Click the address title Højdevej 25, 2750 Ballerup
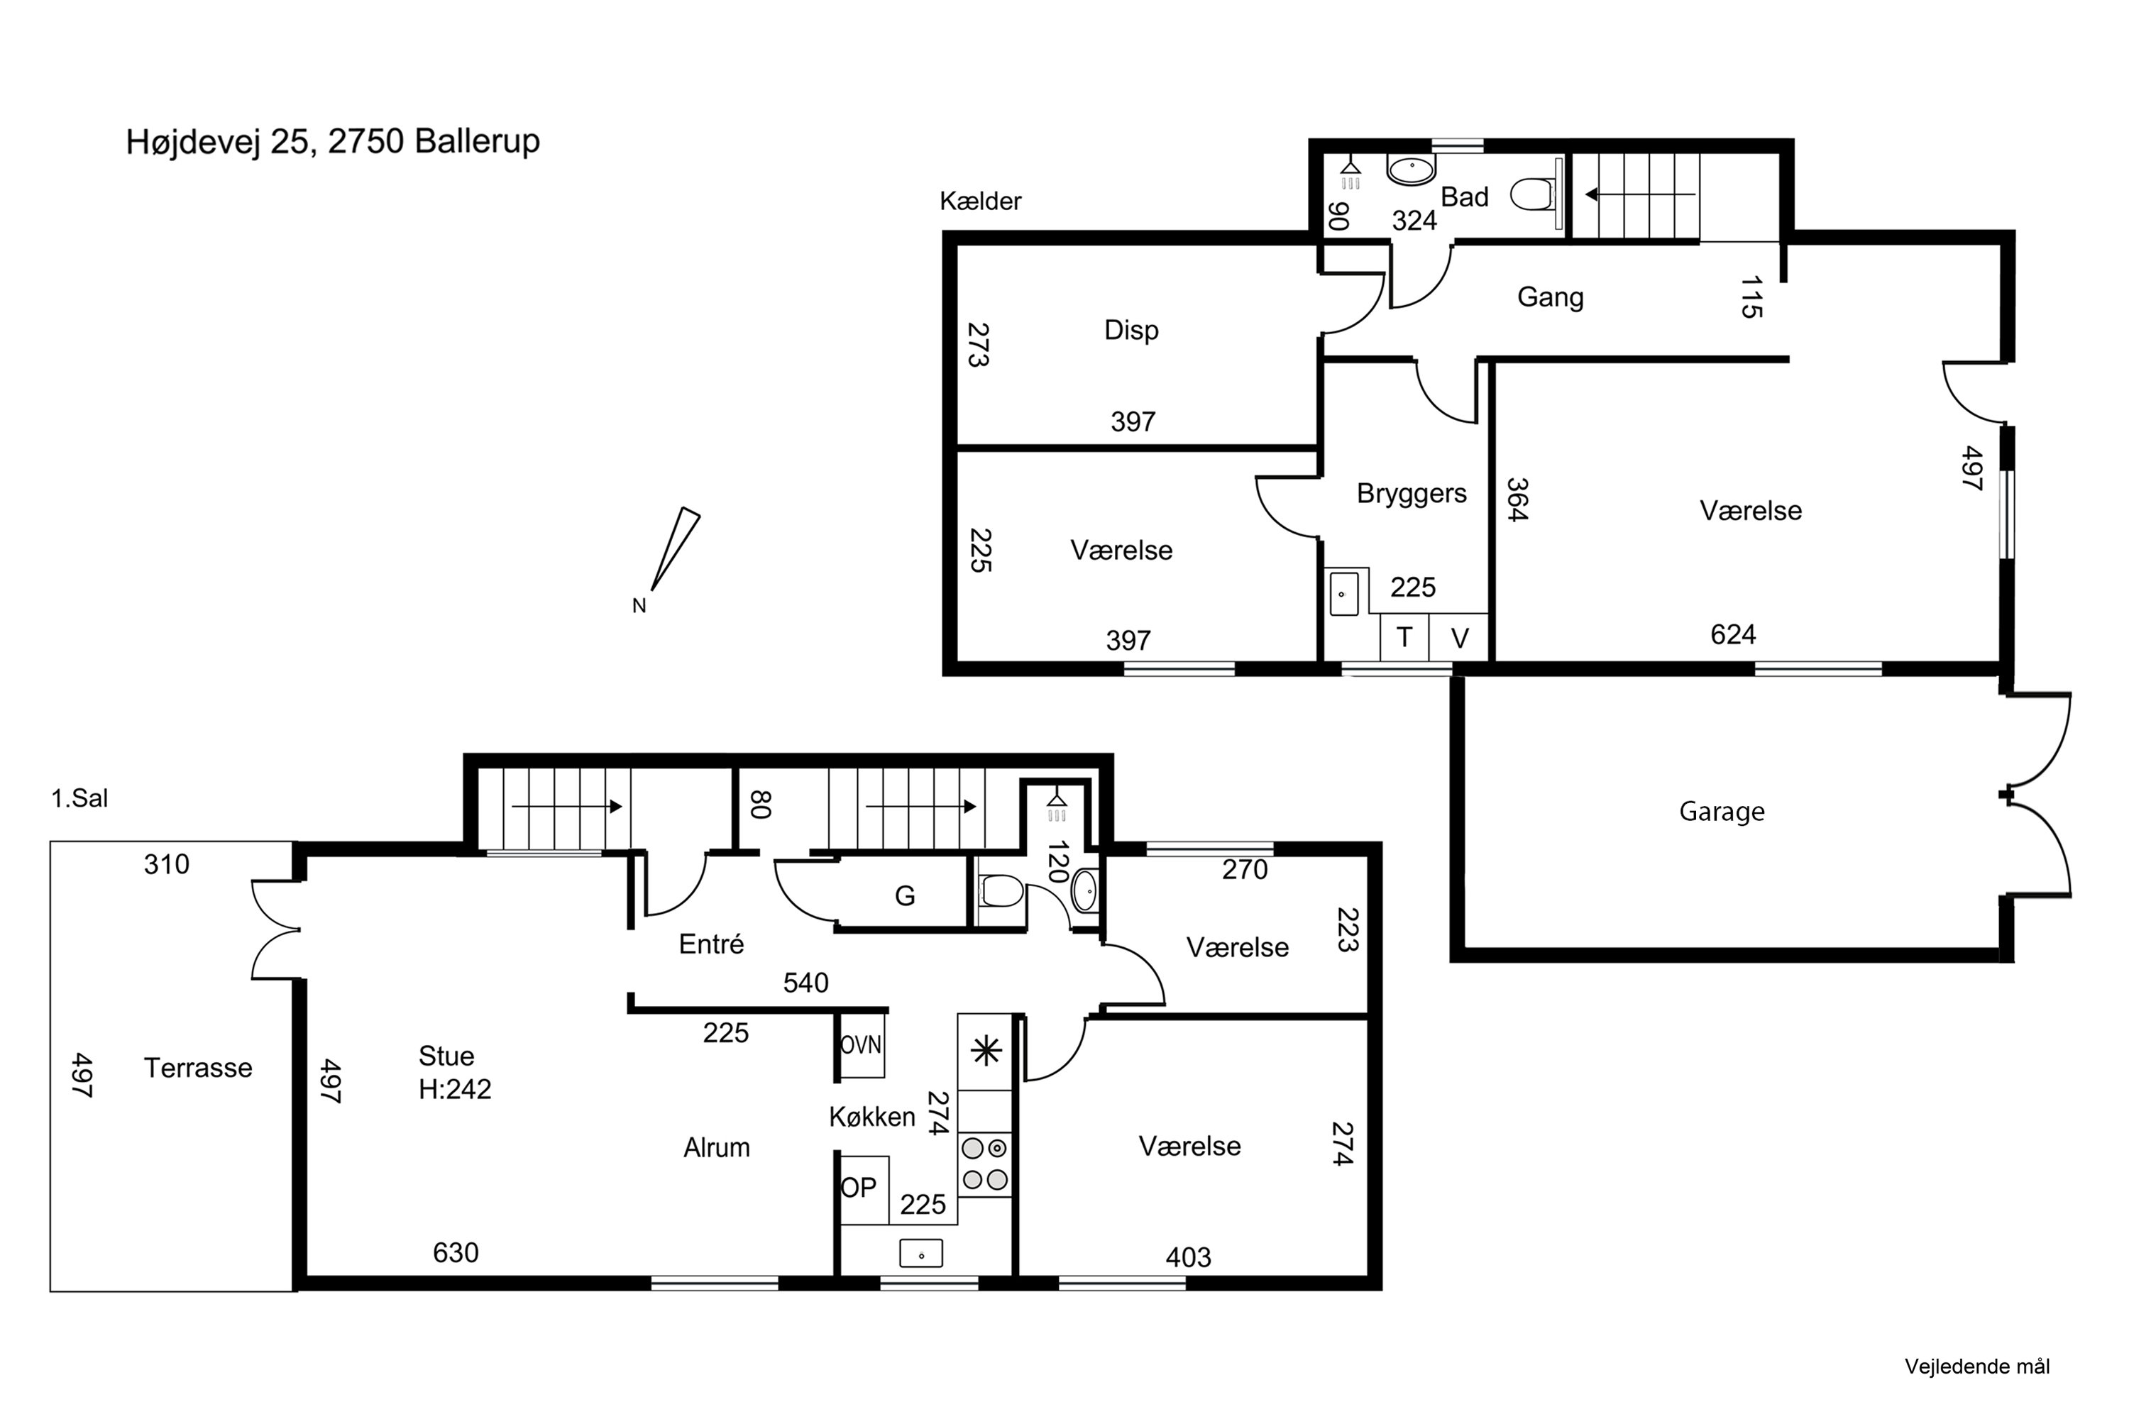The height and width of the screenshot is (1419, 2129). click(333, 142)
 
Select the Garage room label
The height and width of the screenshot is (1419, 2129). click(1722, 812)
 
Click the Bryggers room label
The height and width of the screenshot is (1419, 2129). click(1412, 494)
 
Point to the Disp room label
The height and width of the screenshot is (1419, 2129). click(1131, 331)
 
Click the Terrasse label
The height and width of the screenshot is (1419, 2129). click(198, 1068)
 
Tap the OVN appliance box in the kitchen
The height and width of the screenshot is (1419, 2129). click(861, 1045)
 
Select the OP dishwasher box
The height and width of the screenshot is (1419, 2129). click(864, 1188)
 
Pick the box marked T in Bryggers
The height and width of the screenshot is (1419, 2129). click(1404, 637)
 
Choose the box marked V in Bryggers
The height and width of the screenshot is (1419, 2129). click(1459, 637)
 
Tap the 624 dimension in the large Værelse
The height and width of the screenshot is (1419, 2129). click(1732, 634)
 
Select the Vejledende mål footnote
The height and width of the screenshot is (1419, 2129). click(1977, 1366)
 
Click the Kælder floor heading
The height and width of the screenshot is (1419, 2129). click(980, 201)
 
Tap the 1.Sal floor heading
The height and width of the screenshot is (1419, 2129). click(79, 798)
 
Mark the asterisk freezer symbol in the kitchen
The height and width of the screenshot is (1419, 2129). click(985, 1051)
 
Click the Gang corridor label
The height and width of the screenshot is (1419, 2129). click(1550, 298)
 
